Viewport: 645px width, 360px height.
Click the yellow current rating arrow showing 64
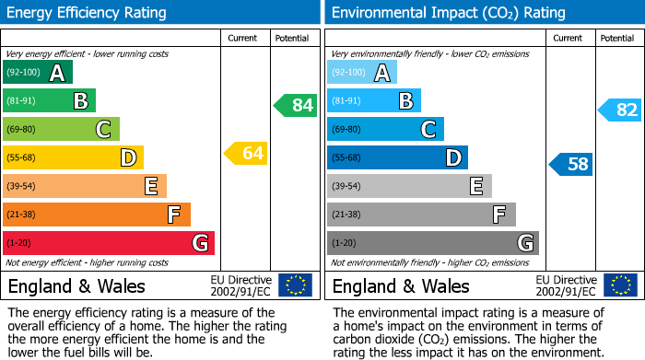(246, 154)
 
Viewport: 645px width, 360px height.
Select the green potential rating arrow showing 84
(296, 106)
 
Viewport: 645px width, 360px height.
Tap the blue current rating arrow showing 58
(571, 165)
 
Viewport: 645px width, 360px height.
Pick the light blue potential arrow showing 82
(620, 110)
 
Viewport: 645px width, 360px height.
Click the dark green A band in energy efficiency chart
(38, 73)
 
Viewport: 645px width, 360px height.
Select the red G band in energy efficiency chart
(109, 243)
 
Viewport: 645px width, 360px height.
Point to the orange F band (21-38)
(97, 215)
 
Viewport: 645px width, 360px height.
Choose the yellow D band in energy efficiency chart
(73, 157)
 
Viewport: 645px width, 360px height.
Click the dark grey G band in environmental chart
(432, 243)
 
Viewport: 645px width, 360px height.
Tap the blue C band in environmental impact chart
(385, 129)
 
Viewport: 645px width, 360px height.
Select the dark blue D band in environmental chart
(397, 157)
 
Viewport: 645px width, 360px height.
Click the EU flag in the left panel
(295, 285)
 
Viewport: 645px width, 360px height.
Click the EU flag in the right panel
(620, 285)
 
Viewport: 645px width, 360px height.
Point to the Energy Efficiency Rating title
(88, 13)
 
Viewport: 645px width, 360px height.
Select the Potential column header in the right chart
(617, 38)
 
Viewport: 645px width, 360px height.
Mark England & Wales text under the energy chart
(76, 285)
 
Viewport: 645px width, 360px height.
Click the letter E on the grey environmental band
(475, 186)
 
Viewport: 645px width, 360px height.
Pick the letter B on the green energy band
(80, 100)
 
